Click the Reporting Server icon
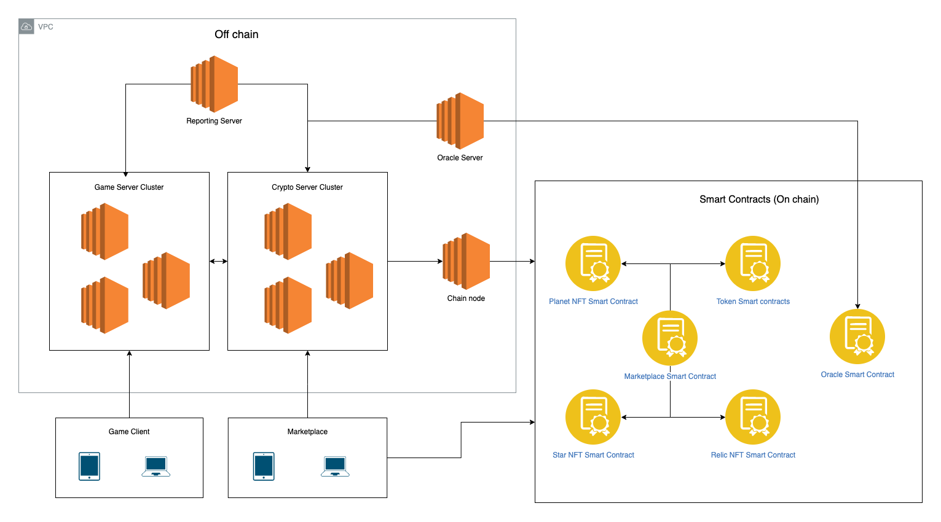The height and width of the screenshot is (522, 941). pos(214,84)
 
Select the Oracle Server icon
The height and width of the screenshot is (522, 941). pos(460,121)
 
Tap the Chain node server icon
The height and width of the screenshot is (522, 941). pos(466,261)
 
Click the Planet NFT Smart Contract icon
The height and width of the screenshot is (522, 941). pos(593,263)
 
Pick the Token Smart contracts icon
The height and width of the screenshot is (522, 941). pos(753,263)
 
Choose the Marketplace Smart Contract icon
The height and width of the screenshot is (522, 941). pos(670,338)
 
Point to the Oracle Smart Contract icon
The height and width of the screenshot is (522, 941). pos(857,337)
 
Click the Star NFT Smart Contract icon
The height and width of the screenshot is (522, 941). pos(593,417)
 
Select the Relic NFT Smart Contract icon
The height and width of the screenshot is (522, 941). pos(753,417)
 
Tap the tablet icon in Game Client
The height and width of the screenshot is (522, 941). pos(90,467)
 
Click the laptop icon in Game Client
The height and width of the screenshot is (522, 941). pos(156,467)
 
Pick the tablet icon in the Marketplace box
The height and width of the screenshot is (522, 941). pos(264,467)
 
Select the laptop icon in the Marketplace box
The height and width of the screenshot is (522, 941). pos(336,467)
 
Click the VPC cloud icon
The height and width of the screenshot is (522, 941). pos(26,26)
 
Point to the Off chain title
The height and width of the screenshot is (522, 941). pos(237,34)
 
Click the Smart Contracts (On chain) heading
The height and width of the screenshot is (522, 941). pos(759,200)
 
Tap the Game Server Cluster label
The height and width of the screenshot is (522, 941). pos(129,187)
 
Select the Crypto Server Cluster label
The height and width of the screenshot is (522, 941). pos(307,187)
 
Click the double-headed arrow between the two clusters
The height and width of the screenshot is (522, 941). pos(218,262)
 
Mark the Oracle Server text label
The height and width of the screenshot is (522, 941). pos(460,158)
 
